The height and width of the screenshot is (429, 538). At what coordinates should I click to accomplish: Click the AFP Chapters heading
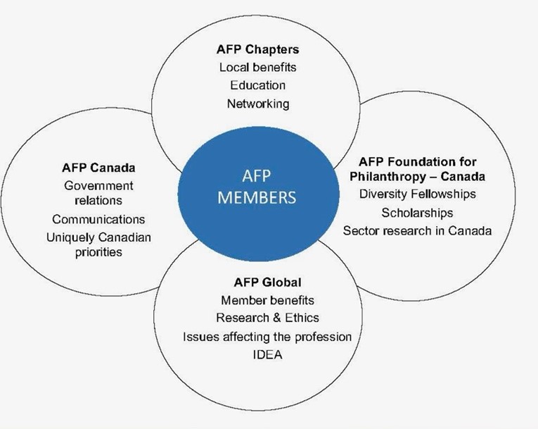(x=257, y=49)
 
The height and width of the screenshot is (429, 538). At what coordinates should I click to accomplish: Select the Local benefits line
(x=257, y=67)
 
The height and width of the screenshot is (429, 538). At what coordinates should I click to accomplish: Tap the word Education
(x=257, y=85)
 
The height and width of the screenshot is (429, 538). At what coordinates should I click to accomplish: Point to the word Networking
(x=258, y=104)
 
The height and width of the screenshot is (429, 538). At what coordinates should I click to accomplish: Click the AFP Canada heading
(x=98, y=168)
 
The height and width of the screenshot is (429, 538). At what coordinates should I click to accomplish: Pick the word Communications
(x=98, y=219)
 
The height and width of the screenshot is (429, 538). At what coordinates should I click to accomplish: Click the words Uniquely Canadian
(x=98, y=237)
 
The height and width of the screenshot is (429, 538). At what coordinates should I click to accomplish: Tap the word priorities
(x=98, y=252)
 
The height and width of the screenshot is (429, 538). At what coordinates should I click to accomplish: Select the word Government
(x=98, y=186)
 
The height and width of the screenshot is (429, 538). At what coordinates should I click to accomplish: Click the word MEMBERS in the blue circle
(x=257, y=198)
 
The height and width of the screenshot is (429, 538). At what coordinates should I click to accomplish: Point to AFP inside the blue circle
(x=256, y=176)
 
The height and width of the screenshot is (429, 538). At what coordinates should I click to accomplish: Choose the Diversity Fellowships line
(x=417, y=194)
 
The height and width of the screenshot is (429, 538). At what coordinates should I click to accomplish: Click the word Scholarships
(x=417, y=213)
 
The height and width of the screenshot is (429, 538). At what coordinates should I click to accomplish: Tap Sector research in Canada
(x=417, y=230)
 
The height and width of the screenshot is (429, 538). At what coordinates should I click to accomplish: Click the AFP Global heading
(x=267, y=282)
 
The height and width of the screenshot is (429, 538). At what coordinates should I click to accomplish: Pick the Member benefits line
(x=267, y=300)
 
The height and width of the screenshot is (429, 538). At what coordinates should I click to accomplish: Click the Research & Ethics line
(x=267, y=318)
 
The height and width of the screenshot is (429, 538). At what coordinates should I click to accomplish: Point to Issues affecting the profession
(x=267, y=337)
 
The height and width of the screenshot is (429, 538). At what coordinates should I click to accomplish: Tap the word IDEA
(x=267, y=354)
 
